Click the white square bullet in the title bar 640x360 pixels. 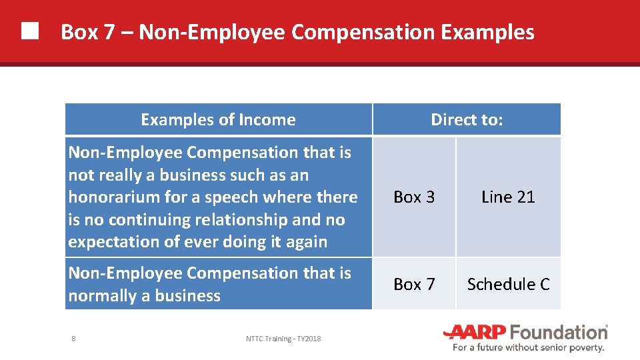click(x=29, y=31)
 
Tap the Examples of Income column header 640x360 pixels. click(x=218, y=120)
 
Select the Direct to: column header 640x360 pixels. click(x=467, y=120)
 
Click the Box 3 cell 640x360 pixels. click(x=414, y=197)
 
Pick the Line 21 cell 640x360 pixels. click(x=508, y=197)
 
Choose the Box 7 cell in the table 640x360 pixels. click(x=414, y=285)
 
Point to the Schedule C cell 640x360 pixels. click(x=508, y=285)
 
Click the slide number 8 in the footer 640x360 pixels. click(x=73, y=339)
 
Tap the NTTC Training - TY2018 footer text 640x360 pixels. click(x=283, y=339)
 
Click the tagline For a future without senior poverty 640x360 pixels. click(x=528, y=347)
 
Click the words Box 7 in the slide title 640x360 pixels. click(x=88, y=32)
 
